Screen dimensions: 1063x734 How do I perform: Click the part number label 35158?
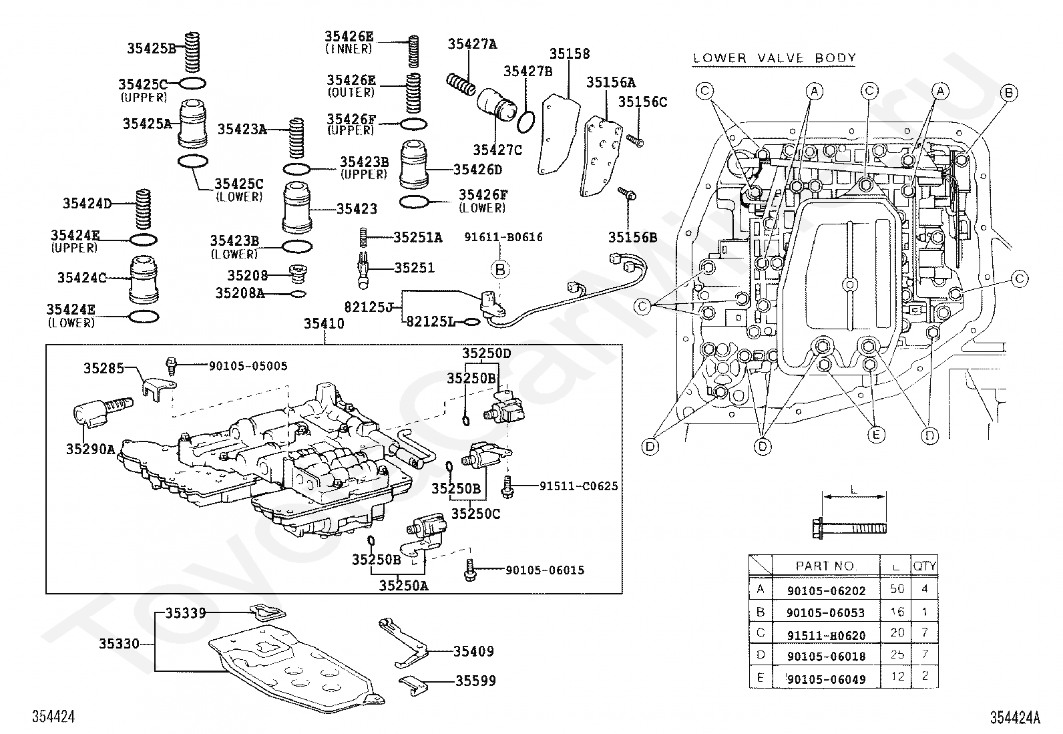[570, 53]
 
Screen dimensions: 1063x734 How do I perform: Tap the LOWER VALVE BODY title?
[774, 58]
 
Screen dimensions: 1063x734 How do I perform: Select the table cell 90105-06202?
[826, 590]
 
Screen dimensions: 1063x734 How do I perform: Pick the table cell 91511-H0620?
[826, 635]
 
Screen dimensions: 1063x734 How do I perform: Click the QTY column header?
[924, 566]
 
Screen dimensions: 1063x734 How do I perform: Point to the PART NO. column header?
[826, 566]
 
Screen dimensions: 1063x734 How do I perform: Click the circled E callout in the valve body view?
[876, 434]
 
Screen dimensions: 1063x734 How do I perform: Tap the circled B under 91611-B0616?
[500, 270]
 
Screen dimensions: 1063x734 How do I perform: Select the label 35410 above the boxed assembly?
[324, 323]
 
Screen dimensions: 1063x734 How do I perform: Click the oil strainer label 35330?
[119, 644]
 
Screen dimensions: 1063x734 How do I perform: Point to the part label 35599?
[475, 681]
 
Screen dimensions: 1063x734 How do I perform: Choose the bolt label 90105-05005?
[248, 366]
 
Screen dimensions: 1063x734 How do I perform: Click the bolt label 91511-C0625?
[578, 486]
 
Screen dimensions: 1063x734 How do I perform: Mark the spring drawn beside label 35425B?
[192, 53]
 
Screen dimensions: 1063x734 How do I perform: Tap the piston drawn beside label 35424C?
[144, 280]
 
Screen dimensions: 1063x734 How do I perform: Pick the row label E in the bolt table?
[761, 677]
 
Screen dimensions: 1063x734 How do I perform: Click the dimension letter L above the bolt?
[854, 490]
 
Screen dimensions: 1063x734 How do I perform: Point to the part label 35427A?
[472, 43]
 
